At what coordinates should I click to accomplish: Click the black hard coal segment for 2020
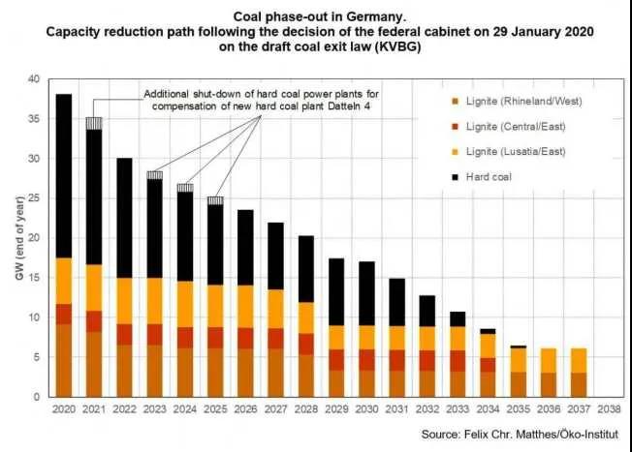[x=65, y=175]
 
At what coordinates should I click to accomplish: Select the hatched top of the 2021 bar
[x=94, y=123]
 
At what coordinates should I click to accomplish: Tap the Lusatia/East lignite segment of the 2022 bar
[x=125, y=301]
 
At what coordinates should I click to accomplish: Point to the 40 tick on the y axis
[x=36, y=78]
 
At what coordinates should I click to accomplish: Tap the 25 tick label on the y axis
[x=36, y=197]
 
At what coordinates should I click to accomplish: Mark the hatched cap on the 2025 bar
[x=216, y=200]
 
